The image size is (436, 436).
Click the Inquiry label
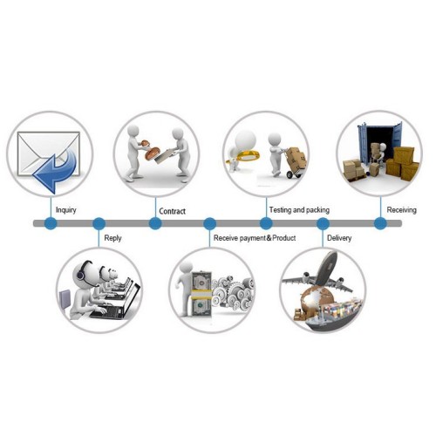[66, 210]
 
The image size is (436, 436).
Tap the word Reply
[112, 238]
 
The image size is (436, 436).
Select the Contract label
[172, 211]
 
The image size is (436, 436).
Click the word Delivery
[339, 238]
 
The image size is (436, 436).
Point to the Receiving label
[401, 210]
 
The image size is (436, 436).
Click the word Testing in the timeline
[280, 210]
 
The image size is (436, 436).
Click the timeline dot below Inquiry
[51, 223]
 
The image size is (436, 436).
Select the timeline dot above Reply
[99, 223]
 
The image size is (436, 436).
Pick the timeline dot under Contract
[155, 223]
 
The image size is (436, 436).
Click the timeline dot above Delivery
[323, 223]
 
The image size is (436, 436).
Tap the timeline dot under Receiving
[380, 223]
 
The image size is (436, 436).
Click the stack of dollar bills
[201, 294]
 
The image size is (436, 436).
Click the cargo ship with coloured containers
[334, 314]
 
